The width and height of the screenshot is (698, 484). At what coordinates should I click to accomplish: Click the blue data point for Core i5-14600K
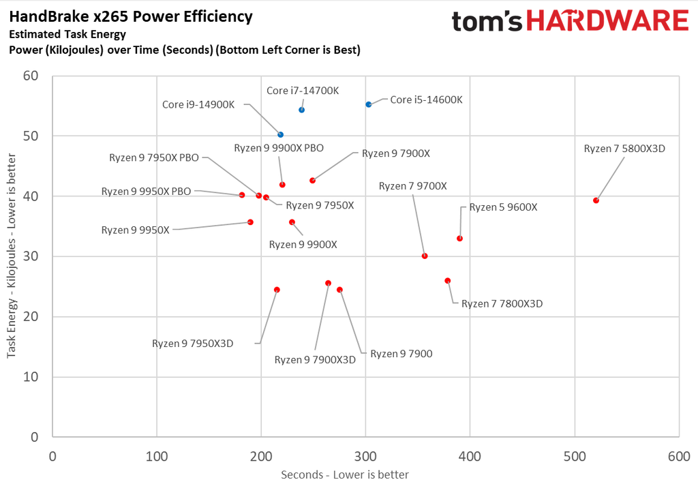tap(369, 104)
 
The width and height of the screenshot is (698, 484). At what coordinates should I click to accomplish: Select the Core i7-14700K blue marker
tap(302, 110)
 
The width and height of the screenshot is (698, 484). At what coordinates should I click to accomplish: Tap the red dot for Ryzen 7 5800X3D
tap(596, 200)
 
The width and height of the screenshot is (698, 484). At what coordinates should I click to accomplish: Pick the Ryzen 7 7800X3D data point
tap(448, 281)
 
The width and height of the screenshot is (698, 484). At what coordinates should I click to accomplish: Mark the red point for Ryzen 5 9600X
tap(460, 239)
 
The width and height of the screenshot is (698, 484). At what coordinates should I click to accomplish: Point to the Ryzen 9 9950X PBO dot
tap(242, 195)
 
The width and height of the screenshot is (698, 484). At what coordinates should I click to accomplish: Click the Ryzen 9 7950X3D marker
tap(277, 290)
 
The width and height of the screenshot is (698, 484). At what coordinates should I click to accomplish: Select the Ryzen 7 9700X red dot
tap(425, 256)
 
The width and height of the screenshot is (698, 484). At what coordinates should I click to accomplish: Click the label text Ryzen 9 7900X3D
tap(315, 360)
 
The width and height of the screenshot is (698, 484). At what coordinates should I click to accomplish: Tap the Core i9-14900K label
tap(198, 105)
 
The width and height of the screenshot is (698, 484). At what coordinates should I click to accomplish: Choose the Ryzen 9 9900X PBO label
tap(279, 148)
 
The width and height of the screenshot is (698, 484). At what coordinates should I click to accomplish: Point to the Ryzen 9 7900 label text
tap(401, 354)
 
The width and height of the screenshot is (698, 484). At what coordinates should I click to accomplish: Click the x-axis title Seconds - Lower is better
tap(345, 474)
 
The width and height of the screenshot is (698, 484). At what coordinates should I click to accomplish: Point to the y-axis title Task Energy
tap(12, 265)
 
